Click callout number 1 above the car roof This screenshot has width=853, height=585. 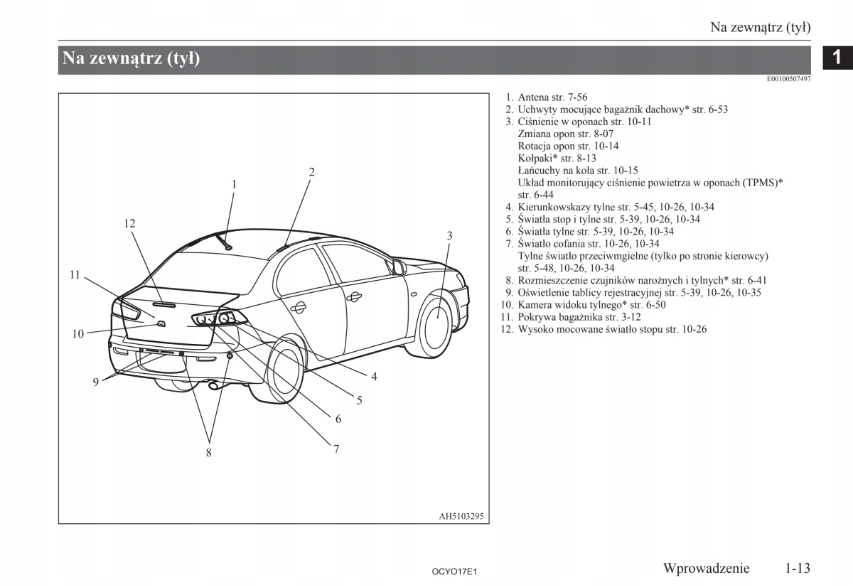pyautogui.click(x=233, y=184)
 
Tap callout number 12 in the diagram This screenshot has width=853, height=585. pyautogui.click(x=129, y=223)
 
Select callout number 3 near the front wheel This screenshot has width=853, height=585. pyautogui.click(x=449, y=235)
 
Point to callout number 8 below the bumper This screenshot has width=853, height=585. pyautogui.click(x=208, y=452)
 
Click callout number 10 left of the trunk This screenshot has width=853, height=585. pyautogui.click(x=78, y=333)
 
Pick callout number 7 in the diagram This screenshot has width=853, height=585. pyautogui.click(x=336, y=449)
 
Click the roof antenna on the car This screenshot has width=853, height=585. pyautogui.click(x=225, y=242)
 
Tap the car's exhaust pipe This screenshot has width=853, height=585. pyautogui.click(x=213, y=386)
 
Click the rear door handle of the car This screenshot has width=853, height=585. pyautogui.click(x=298, y=307)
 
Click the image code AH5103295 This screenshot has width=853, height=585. pyautogui.click(x=461, y=517)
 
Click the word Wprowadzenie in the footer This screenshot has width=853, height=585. pyautogui.click(x=706, y=568)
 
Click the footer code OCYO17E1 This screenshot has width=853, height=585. pyautogui.click(x=452, y=571)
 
